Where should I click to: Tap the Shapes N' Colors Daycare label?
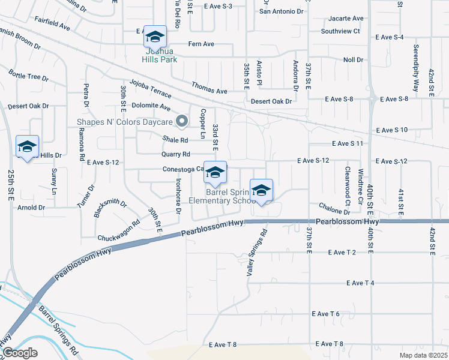[x=124, y=122]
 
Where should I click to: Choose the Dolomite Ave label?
[x=151, y=107]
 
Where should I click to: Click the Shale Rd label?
[x=175, y=140]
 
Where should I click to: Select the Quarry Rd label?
[x=175, y=154]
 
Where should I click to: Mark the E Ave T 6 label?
[x=326, y=314]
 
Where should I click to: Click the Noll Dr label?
[x=353, y=60]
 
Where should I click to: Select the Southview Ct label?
[x=340, y=31]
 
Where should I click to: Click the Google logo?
[x=20, y=353]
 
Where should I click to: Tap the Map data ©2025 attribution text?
[x=424, y=355]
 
